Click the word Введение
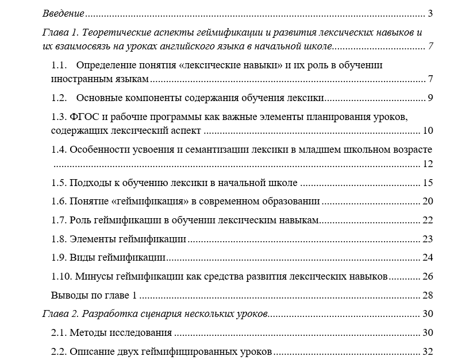[63, 13]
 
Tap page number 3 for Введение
[430, 13]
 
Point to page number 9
[430, 98]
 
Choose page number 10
[428, 131]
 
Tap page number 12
[428, 164]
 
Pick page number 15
[428, 183]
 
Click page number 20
[428, 202]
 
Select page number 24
[428, 257]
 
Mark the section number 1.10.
[61, 276]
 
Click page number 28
[428, 295]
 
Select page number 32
[428, 351]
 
